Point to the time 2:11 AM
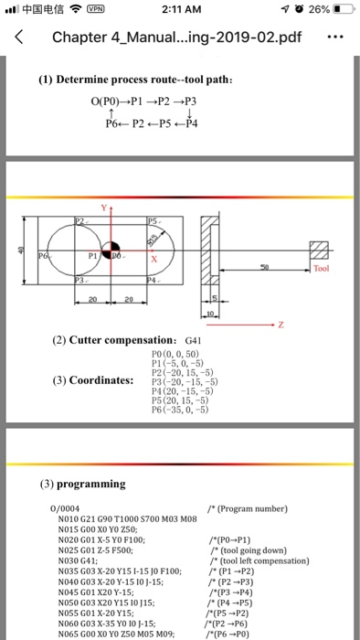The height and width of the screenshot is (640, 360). pyautogui.click(x=181, y=10)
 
